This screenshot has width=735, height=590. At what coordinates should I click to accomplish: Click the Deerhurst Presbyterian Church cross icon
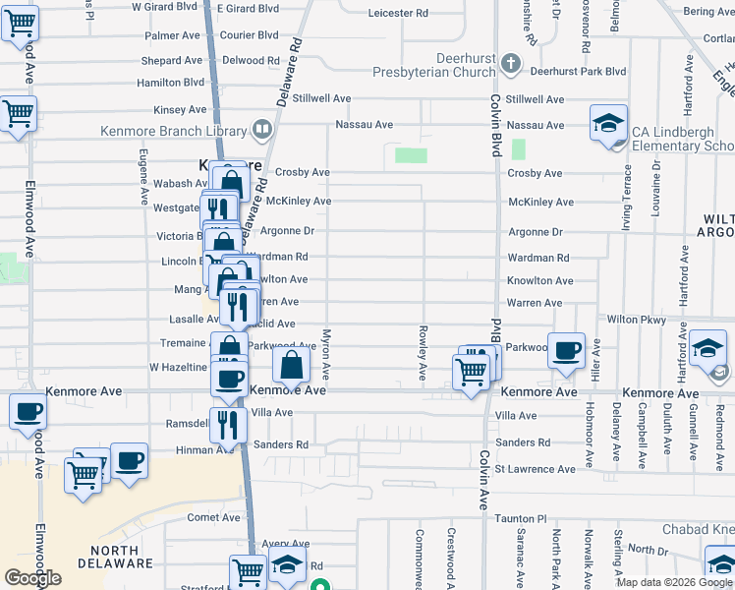(x=509, y=64)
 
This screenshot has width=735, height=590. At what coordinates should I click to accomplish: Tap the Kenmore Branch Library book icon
(x=261, y=129)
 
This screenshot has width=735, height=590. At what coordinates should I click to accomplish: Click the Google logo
(x=32, y=577)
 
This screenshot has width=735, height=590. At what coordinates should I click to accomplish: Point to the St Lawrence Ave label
(x=535, y=469)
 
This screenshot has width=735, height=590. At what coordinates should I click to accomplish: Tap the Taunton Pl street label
(x=521, y=517)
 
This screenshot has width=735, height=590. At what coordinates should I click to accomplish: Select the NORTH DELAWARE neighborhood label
(x=122, y=557)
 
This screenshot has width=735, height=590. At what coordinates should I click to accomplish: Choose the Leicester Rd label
(x=398, y=14)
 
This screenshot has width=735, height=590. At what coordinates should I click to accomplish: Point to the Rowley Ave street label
(x=424, y=353)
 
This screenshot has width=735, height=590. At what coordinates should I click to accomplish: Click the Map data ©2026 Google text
(x=674, y=582)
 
